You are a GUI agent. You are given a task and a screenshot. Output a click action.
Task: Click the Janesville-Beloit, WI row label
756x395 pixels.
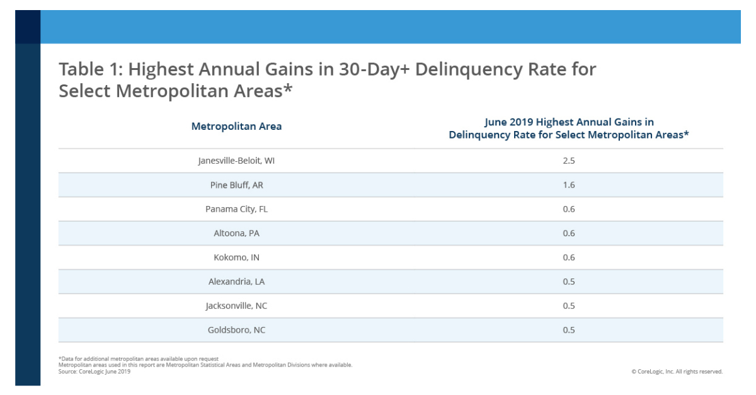pos(236,161)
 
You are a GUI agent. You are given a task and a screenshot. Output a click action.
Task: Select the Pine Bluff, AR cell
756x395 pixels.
pos(236,185)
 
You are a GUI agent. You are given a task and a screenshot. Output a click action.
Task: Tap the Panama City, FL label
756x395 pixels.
pos(236,209)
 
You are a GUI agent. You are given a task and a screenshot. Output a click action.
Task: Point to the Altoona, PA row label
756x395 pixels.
pos(236,233)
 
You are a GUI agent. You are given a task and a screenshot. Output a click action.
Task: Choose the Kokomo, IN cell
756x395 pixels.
pos(236,258)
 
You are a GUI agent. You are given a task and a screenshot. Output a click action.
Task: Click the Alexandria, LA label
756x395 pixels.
pos(236,282)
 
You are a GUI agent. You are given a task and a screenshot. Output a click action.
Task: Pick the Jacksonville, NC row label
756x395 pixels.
pos(236,306)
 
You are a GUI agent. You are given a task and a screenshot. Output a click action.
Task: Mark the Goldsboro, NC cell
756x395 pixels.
pos(236,329)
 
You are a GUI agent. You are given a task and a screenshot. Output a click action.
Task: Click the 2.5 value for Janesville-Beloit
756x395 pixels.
pos(568,161)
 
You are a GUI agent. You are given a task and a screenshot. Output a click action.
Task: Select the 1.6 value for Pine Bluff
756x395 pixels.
pos(568,185)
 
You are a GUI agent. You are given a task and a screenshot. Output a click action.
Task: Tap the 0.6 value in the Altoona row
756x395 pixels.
pos(568,233)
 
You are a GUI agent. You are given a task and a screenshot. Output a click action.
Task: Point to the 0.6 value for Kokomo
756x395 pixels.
pos(568,258)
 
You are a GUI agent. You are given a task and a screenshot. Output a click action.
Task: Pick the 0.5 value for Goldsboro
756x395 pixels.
pos(568,329)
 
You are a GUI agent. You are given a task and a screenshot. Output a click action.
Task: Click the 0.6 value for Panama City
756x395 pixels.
pos(568,209)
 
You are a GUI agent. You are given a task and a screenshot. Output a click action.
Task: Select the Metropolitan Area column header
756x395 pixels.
pos(236,126)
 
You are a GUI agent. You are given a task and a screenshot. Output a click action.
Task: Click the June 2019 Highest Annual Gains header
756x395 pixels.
pos(568,129)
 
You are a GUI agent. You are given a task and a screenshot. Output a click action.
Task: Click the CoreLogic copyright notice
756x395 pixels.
pos(677,372)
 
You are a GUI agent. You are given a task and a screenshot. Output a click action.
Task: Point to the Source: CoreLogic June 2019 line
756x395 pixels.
pos(94,372)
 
